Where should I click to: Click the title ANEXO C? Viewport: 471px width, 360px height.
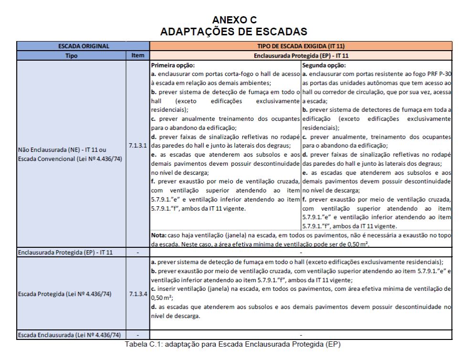(x=234, y=20)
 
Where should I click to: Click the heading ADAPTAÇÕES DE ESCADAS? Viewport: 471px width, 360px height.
(x=234, y=32)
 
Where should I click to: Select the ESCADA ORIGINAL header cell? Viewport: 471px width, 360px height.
(x=84, y=46)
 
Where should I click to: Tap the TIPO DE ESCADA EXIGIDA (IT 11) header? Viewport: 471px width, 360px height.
(x=301, y=46)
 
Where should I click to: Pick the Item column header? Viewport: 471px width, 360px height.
(x=138, y=56)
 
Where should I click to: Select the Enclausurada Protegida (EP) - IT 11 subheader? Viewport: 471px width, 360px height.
(x=301, y=56)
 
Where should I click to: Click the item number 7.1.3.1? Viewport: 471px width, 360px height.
(x=138, y=145)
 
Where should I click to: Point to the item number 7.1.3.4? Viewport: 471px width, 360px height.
(x=138, y=294)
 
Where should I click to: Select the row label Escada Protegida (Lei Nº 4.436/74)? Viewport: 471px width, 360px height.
(x=64, y=294)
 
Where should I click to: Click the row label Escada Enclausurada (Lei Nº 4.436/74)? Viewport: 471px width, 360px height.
(x=69, y=335)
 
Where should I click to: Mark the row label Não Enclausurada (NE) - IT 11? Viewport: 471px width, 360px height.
(x=62, y=148)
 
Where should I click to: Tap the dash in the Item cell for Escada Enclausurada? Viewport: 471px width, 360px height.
(x=138, y=335)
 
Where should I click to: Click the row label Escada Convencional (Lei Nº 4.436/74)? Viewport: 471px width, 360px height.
(x=70, y=158)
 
